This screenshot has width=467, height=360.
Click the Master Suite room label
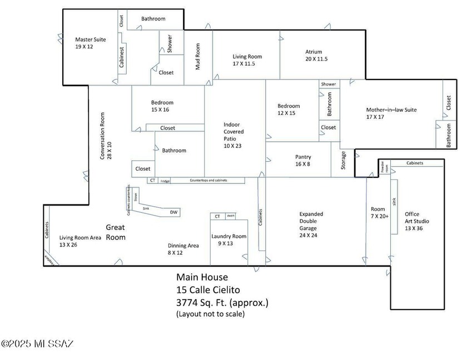(90, 43)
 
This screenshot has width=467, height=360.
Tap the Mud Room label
(197, 57)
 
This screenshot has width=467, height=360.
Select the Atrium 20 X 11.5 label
(316, 56)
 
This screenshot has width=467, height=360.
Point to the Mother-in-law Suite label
(391, 113)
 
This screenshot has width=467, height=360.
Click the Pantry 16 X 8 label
(303, 161)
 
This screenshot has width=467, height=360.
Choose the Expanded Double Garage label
(311, 224)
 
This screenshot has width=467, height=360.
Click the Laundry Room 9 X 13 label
(228, 240)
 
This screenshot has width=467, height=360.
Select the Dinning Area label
(183, 249)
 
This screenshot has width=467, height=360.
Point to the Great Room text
(116, 232)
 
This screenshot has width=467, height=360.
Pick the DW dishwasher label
(173, 212)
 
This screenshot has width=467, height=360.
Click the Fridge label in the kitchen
(165, 181)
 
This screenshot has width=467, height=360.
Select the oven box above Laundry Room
(230, 216)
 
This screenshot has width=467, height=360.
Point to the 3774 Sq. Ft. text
(222, 303)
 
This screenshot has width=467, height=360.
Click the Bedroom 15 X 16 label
(162, 106)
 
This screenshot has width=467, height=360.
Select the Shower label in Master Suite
(170, 44)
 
